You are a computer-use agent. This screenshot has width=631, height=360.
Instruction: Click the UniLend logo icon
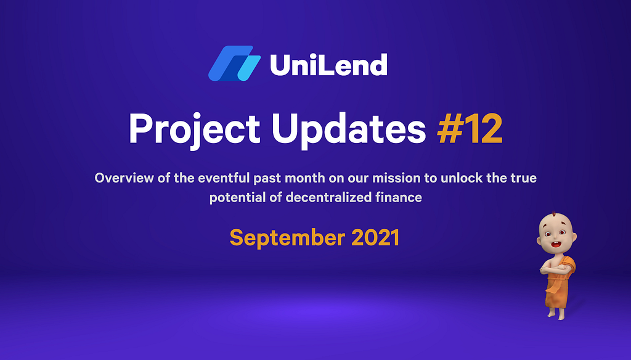(234, 63)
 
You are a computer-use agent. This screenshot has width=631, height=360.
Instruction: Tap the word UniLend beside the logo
(328, 65)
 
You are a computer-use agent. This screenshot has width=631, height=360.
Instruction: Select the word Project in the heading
(194, 129)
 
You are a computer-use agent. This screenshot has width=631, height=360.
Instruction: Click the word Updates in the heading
(349, 129)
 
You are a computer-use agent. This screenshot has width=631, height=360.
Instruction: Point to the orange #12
(470, 128)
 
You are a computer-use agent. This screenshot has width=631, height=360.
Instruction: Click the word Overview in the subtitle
(124, 178)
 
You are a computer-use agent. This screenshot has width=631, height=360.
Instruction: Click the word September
(287, 238)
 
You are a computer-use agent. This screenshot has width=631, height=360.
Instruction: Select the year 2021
(375, 237)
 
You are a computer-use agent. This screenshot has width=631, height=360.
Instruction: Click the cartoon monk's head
(556, 233)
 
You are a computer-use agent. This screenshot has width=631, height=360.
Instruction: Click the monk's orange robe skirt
(556, 292)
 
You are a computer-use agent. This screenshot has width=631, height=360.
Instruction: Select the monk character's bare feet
(557, 314)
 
